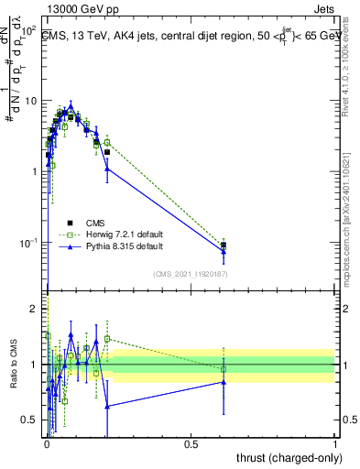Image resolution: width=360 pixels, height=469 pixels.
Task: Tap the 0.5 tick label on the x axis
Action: pos(191,442)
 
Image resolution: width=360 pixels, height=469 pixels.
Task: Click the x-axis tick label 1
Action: pos(335,442)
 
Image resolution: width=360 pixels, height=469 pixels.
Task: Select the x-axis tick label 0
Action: pos(47,442)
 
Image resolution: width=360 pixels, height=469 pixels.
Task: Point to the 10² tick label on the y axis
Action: pos(27,31)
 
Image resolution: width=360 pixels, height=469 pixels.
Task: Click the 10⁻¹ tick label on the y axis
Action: pos(27,243)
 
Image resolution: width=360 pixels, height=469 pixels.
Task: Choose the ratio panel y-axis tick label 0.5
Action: pos(31,420)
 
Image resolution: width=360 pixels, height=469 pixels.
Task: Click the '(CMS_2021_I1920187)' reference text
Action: pos(190,273)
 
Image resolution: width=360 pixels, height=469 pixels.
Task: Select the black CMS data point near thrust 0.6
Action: pos(224,245)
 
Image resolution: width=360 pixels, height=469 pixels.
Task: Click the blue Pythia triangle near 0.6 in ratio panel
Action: pos(224,382)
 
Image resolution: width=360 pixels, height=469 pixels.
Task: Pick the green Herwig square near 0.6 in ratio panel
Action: pos(224,369)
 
